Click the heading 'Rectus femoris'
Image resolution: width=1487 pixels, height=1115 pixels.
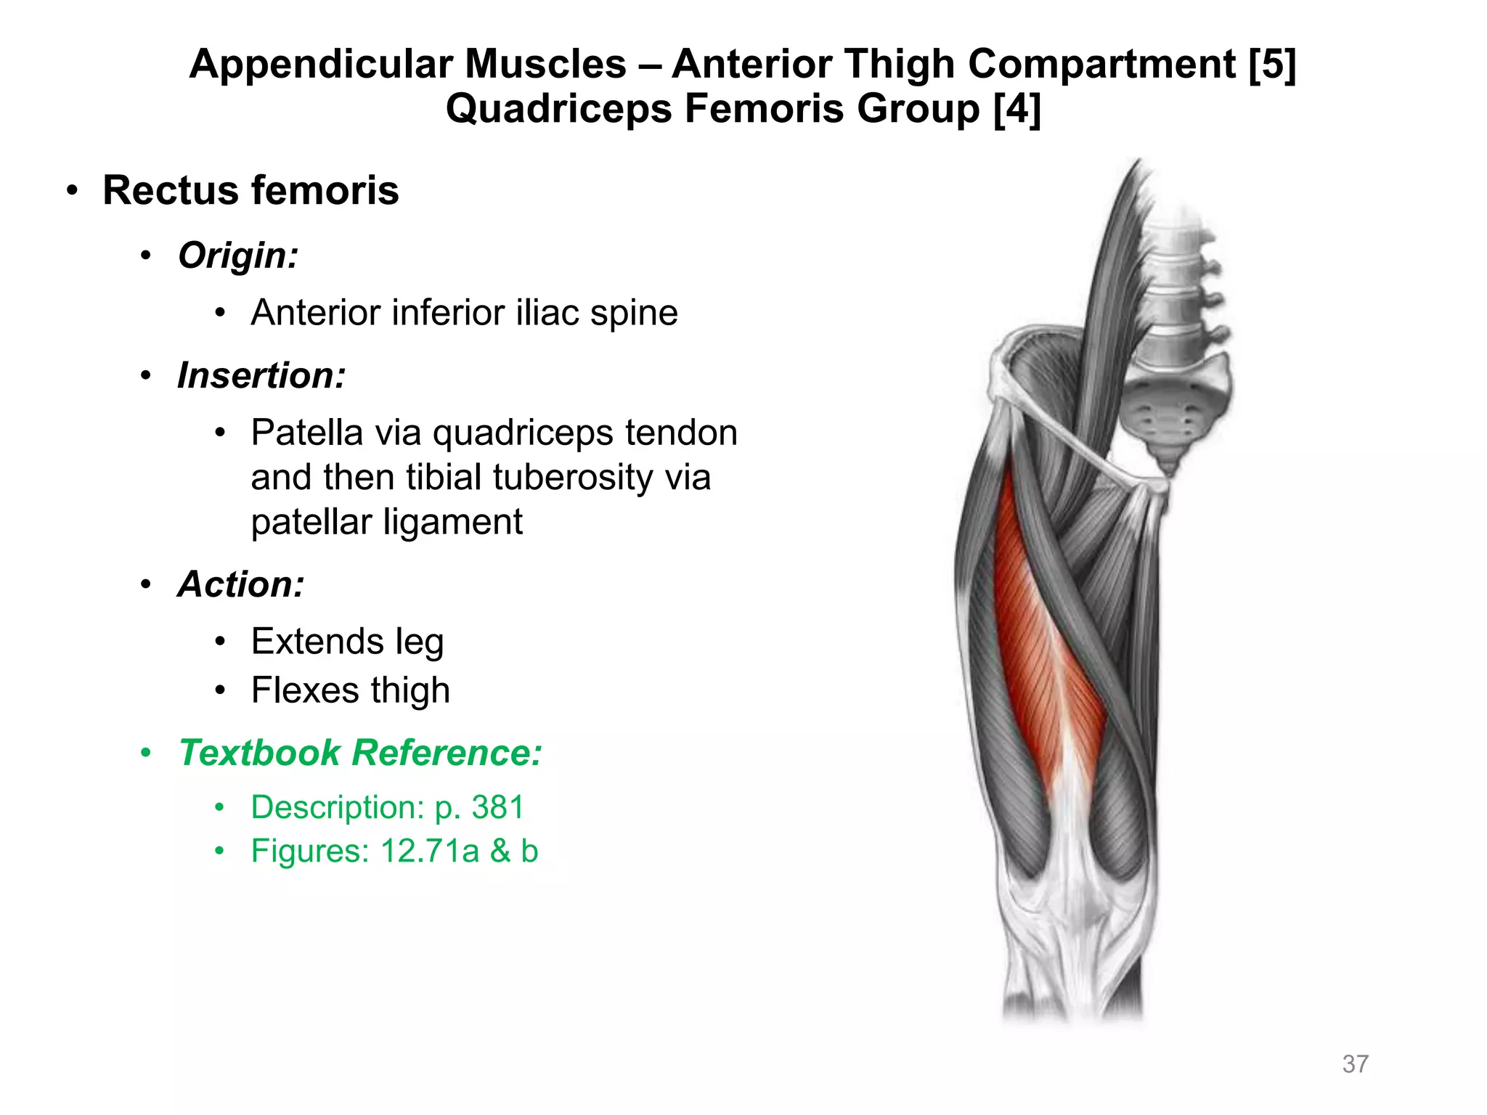pos(250,191)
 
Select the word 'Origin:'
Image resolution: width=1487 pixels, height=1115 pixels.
pos(238,256)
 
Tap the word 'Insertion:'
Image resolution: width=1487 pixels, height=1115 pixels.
pos(261,376)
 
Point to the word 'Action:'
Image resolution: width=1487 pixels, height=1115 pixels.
pos(241,584)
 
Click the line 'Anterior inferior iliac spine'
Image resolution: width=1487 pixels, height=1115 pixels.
pos(464,313)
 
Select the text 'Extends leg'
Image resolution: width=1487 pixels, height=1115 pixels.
pos(347,642)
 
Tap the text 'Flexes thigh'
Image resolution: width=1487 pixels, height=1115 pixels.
pos(350,690)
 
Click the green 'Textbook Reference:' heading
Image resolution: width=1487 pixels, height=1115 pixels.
pos(360,753)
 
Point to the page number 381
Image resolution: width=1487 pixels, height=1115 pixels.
pos(498,807)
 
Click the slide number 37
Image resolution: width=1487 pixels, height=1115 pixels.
pos(1355,1064)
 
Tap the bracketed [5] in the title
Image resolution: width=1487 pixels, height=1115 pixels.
pos(1272,64)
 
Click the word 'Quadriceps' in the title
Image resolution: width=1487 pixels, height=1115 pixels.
pos(558,109)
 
